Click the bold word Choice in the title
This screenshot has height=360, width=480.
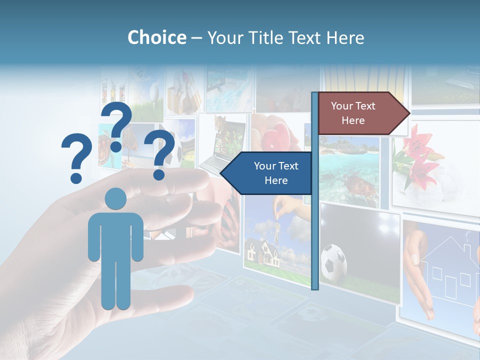tap(156, 38)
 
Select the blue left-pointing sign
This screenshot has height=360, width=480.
tap(267, 173)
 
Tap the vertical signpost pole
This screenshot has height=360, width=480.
tap(315, 225)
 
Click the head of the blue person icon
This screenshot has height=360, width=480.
tap(116, 199)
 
